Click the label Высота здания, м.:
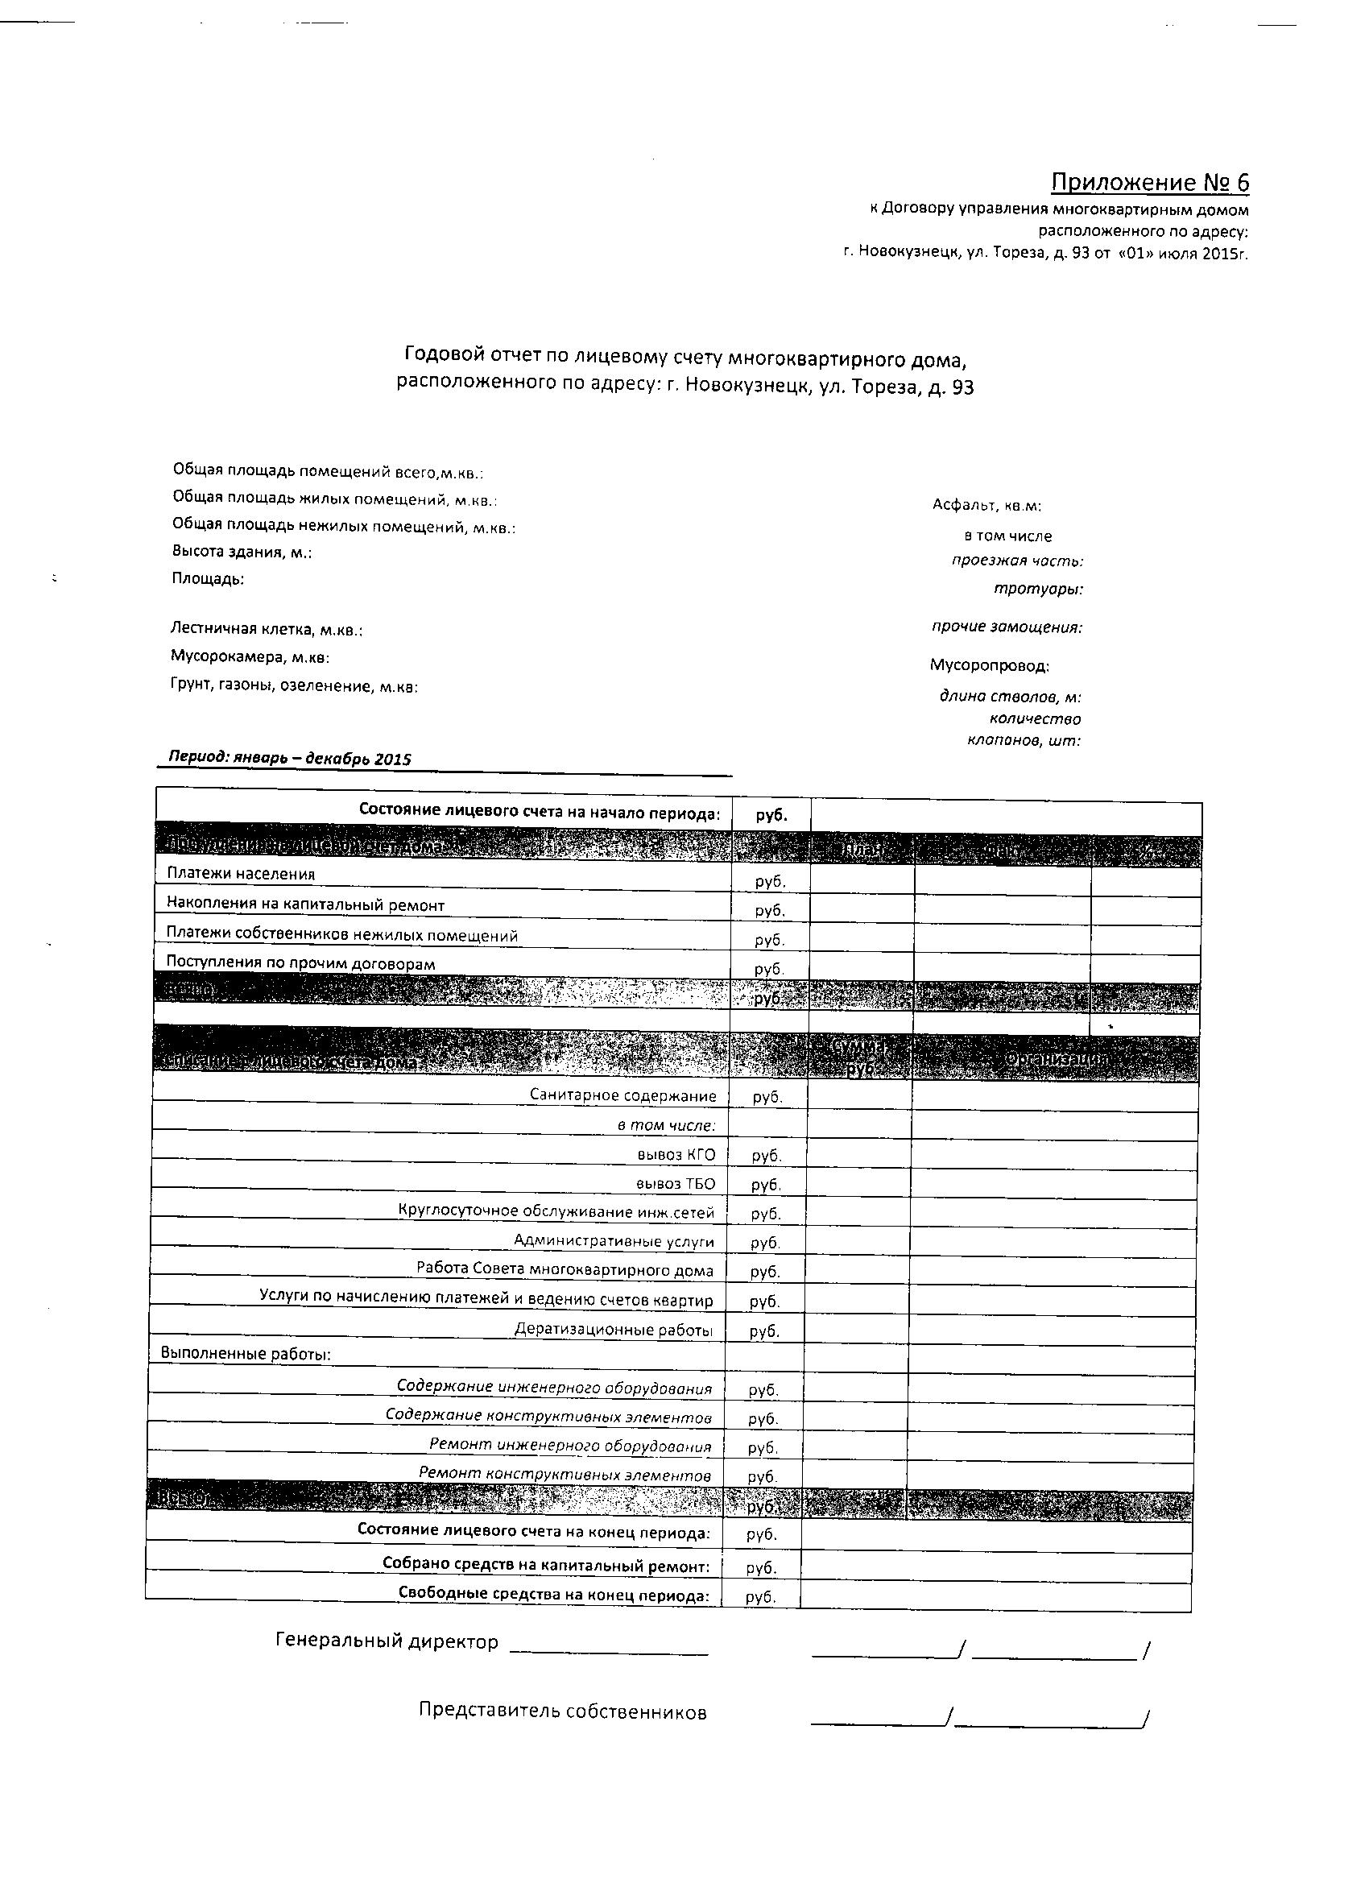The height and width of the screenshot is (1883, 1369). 242,552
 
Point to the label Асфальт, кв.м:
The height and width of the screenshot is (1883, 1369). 986,506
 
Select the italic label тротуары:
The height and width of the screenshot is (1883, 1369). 1038,590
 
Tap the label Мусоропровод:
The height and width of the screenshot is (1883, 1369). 989,666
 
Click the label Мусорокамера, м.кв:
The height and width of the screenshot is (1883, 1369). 250,657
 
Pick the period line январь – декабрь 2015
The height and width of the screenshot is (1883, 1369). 290,758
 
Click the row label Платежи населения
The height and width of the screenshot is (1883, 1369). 241,873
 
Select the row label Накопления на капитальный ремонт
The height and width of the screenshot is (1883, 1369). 305,905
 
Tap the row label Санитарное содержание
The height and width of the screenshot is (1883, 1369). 622,1096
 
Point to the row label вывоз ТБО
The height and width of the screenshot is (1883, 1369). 675,1184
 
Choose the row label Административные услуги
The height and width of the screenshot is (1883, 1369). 614,1242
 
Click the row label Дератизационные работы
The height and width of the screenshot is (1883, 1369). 614,1330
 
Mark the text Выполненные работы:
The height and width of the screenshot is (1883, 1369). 246,1354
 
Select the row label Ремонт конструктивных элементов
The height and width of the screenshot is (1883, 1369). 565,1475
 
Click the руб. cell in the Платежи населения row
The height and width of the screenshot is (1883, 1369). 770,881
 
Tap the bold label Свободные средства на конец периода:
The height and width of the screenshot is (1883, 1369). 554,1595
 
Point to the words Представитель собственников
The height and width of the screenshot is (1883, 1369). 562,1712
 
